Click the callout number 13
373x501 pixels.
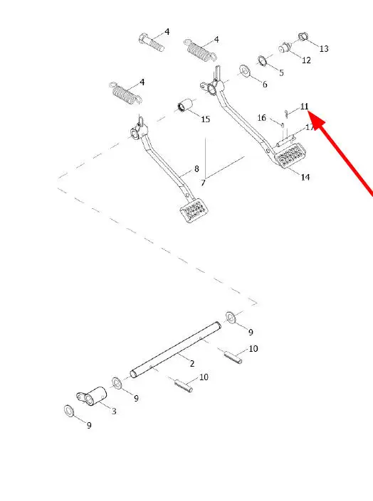tap(324, 48)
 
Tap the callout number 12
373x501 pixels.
tap(306, 60)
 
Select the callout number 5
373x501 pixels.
tap(281, 72)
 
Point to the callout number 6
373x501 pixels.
tap(265, 85)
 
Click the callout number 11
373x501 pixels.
tap(304, 106)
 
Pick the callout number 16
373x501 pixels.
tap(261, 118)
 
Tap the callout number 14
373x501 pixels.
tap(305, 177)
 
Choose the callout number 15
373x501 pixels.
tap(205, 119)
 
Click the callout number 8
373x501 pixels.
tap(196, 168)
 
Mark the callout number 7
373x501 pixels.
tap(203, 183)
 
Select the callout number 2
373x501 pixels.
tap(191, 363)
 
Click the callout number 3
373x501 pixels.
tap(114, 411)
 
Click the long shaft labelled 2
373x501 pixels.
tap(175, 350)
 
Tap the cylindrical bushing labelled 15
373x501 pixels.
tap(185, 105)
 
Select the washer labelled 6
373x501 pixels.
tap(245, 71)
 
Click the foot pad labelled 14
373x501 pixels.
tap(290, 155)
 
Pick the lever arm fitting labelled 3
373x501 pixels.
tap(92, 397)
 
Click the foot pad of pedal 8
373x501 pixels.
tap(194, 210)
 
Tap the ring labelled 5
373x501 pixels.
tap(262, 60)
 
